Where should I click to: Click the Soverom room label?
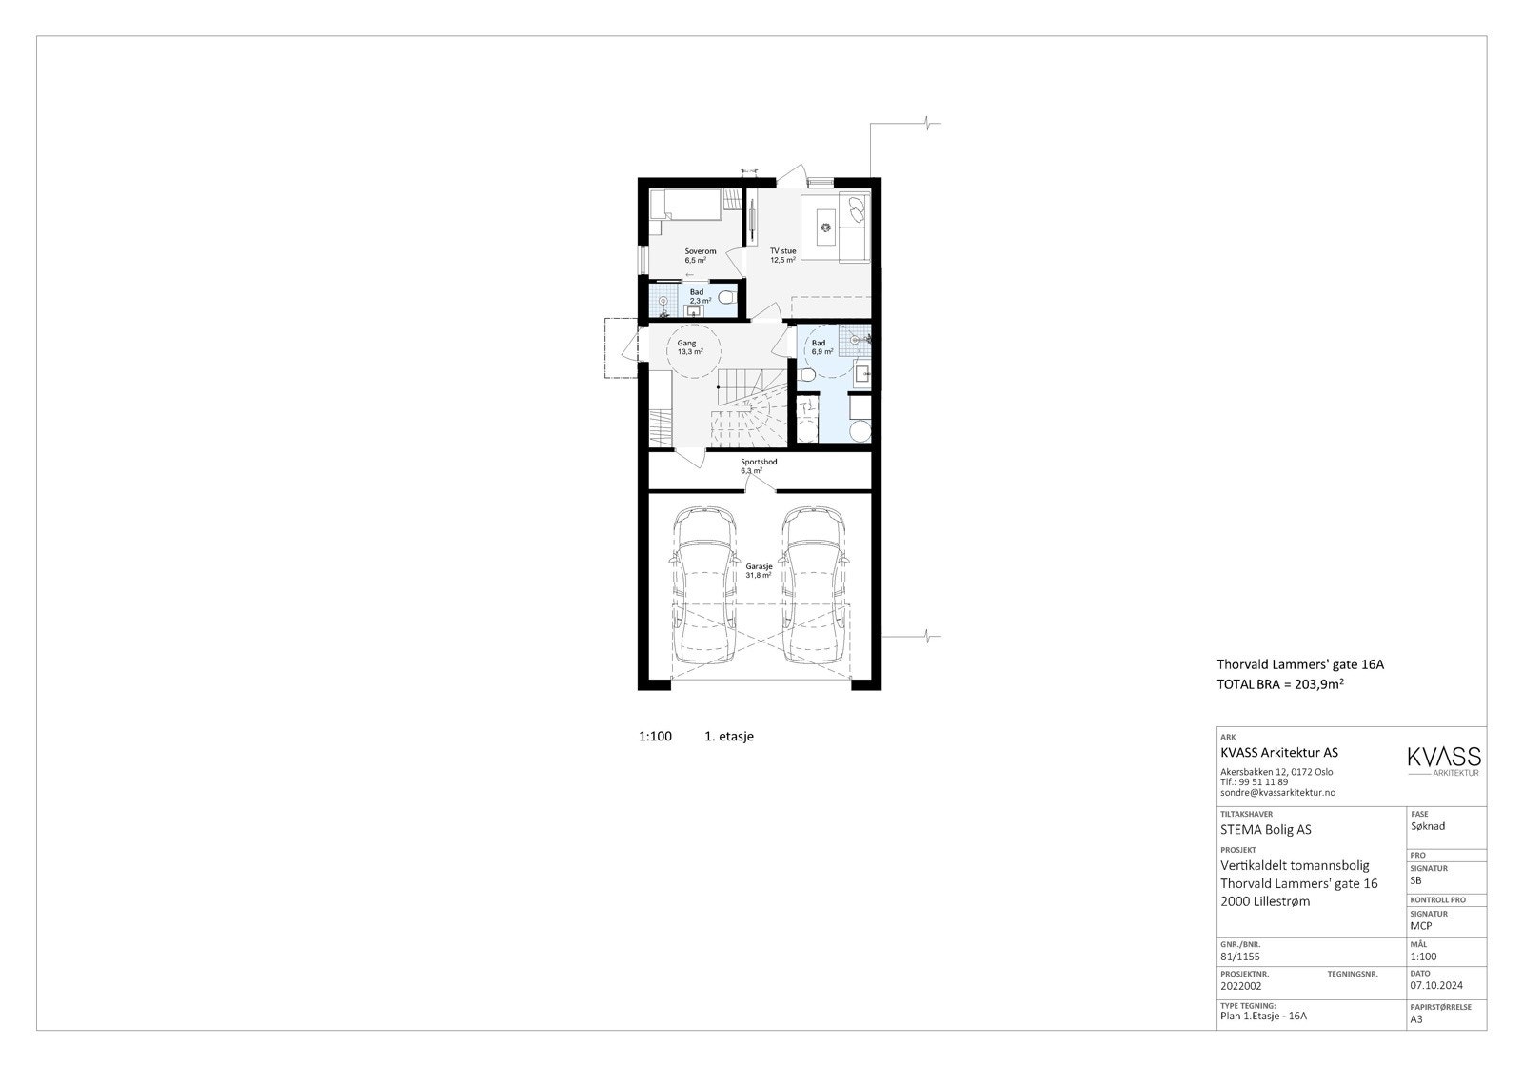(700, 251)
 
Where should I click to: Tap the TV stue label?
(782, 251)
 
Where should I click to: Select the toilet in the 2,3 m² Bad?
(726, 298)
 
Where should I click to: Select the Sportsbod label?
(759, 462)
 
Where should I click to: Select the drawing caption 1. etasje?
(728, 736)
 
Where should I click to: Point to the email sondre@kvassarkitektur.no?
(1277, 792)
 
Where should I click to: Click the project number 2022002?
(1241, 986)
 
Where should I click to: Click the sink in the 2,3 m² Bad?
(694, 309)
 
